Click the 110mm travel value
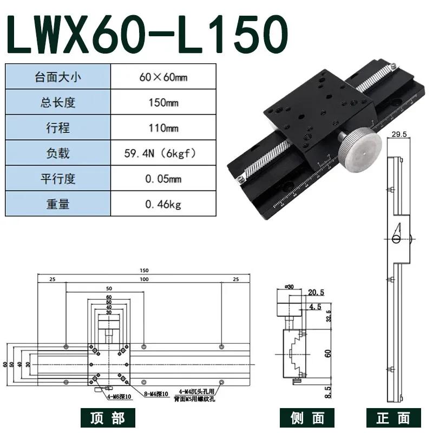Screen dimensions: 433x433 coord(163,128)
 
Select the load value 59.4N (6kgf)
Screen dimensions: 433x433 coord(163,154)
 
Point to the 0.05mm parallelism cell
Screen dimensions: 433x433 coord(163,179)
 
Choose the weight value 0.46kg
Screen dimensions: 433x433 coord(163,205)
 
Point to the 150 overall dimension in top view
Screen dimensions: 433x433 coord(143,271)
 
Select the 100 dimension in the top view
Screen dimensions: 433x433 coord(143,279)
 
